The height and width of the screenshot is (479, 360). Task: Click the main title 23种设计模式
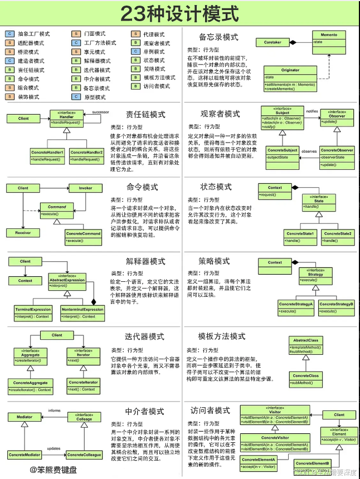[179, 14]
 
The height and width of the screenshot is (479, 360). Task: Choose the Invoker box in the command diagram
[85, 188]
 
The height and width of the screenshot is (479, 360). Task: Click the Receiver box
[22, 232]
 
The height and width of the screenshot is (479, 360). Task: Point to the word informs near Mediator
[54, 410]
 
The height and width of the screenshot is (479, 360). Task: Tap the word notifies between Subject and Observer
[312, 111]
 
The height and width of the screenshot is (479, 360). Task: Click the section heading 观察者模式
[220, 114]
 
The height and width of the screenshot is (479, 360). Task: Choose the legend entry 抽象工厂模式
[33, 34]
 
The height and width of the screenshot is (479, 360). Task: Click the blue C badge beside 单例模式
[135, 52]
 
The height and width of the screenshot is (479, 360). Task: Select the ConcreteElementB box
[313, 463]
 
